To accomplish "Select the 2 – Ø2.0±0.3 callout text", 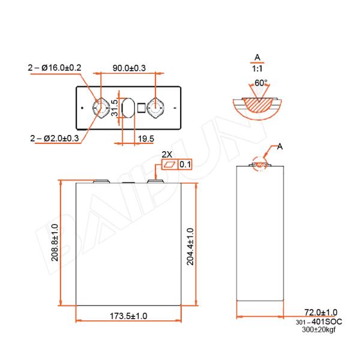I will point(55,139).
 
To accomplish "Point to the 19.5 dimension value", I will point(146,139).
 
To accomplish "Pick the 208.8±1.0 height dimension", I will point(55,242).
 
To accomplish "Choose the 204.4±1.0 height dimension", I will point(190,246).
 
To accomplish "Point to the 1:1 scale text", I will point(257,69).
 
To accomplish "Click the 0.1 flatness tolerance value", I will point(185,164).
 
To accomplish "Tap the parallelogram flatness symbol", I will point(170,164).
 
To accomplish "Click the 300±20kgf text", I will point(319,331).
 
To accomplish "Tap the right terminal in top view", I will point(156,108).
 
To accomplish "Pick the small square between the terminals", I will point(142,108).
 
